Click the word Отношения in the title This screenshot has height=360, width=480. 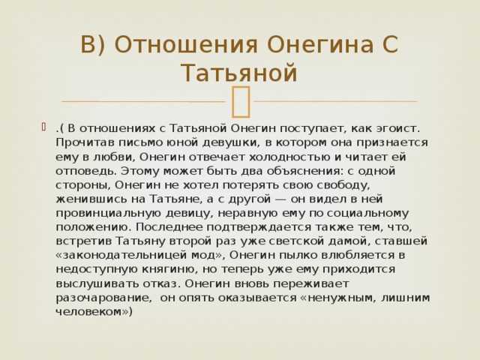point(186,44)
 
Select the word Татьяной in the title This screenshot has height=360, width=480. point(239,73)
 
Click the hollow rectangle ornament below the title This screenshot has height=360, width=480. point(241,102)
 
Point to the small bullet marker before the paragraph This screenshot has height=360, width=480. point(44,127)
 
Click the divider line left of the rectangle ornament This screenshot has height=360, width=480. point(143,101)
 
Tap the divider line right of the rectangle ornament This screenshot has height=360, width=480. point(336,101)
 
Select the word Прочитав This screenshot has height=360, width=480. point(85,142)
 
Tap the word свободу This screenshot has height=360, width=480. point(343,185)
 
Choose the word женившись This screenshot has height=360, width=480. point(91,199)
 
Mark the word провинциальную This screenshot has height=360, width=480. point(108,213)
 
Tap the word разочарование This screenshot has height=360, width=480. point(103,298)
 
